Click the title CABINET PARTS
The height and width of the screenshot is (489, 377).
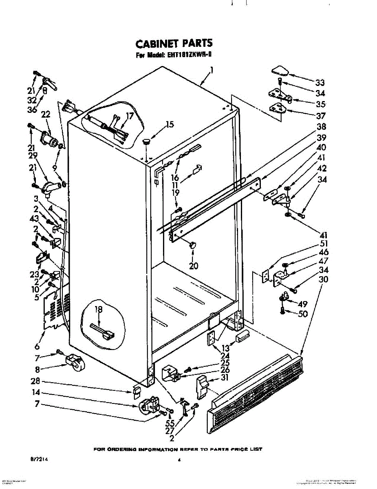pos(174,43)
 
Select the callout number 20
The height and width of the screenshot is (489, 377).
pos(194,266)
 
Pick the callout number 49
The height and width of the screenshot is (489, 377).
pos(302,304)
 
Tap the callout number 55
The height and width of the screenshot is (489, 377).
pos(170,423)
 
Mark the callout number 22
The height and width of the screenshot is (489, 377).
pos(45,115)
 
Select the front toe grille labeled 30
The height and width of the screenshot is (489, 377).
pos(257,393)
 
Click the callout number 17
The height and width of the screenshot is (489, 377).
pos(129,116)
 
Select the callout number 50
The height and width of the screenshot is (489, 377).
pos(302,314)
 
